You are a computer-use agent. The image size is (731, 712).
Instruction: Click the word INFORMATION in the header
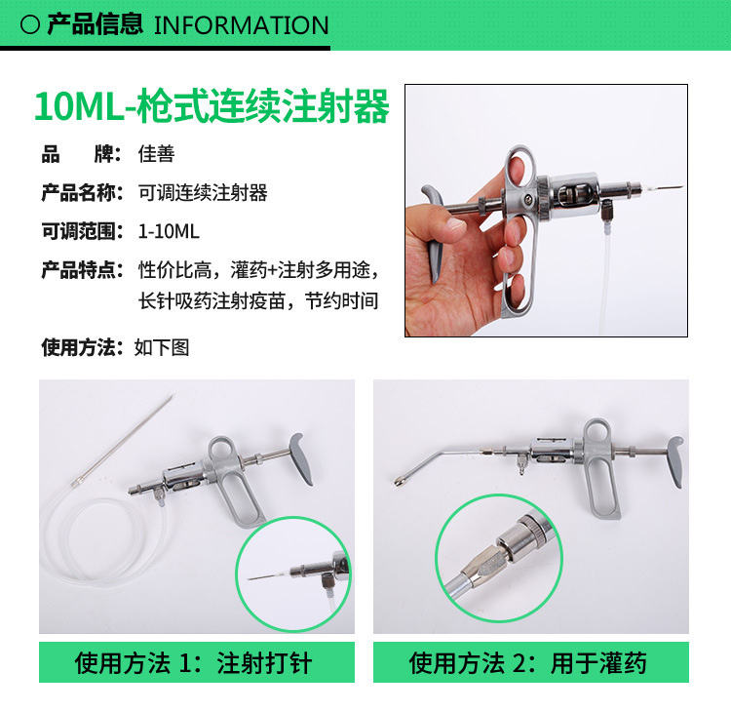click(241, 24)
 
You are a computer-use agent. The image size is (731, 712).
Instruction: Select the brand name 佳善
click(156, 154)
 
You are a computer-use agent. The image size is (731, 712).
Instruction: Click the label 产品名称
click(82, 192)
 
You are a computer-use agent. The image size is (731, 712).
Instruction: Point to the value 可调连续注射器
click(203, 192)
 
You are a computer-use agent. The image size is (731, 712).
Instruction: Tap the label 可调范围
click(82, 231)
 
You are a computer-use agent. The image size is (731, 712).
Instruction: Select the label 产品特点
click(82, 270)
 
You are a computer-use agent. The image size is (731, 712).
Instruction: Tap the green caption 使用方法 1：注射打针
click(194, 664)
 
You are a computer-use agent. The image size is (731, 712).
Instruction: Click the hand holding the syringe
click(458, 263)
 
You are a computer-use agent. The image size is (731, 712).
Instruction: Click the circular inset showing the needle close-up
click(293, 574)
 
